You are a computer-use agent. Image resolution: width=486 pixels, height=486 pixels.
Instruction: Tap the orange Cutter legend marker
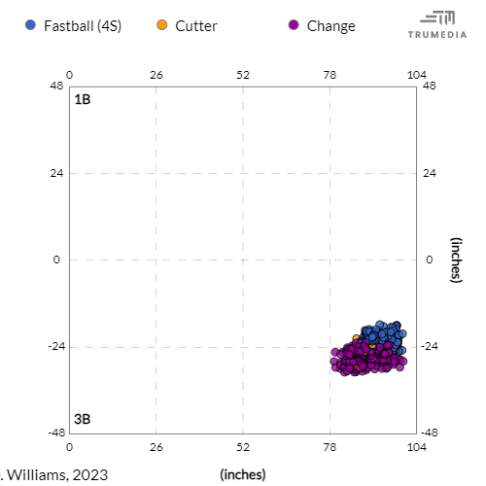pyautogui.click(x=162, y=25)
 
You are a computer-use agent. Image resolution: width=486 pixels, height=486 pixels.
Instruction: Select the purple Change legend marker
pyautogui.click(x=294, y=25)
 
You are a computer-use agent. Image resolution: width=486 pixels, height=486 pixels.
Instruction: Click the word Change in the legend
pyautogui.click(x=330, y=25)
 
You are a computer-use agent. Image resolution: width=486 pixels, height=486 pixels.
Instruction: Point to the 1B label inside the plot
pyautogui.click(x=83, y=99)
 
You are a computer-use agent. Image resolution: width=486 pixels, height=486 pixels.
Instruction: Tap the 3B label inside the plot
pyautogui.click(x=83, y=419)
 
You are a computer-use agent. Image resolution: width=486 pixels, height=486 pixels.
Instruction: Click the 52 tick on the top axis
pyautogui.click(x=243, y=75)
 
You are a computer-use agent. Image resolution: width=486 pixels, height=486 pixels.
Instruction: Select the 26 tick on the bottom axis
pyautogui.click(x=156, y=447)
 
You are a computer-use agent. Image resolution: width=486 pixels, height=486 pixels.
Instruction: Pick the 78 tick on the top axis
pyautogui.click(x=330, y=75)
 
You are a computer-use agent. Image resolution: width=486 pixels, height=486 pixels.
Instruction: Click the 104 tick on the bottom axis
pyautogui.click(x=416, y=447)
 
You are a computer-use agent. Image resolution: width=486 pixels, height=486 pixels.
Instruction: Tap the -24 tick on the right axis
pyautogui.click(x=432, y=347)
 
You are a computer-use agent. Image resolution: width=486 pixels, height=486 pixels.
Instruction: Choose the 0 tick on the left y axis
pyautogui.click(x=58, y=260)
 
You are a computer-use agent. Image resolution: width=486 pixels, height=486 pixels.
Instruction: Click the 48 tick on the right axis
pyautogui.click(x=429, y=87)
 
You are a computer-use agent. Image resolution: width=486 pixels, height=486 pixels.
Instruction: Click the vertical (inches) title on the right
pyautogui.click(x=455, y=260)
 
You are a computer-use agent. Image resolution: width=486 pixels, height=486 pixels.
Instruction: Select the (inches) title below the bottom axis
pyautogui.click(x=243, y=474)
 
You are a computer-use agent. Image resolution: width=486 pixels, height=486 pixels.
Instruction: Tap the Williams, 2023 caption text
pyautogui.click(x=56, y=474)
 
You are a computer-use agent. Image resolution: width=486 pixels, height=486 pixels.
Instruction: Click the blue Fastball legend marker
pyautogui.click(x=32, y=25)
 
